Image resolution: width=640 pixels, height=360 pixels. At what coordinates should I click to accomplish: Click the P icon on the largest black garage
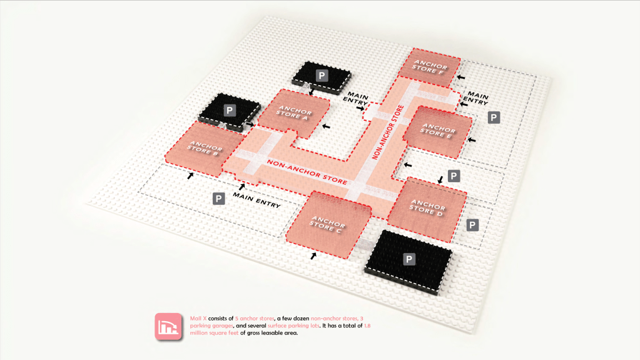[x=410, y=259]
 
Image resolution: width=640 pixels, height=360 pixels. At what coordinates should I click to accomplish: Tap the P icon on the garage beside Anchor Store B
[x=230, y=111]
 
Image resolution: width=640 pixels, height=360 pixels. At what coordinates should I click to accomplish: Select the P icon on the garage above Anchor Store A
[x=322, y=76]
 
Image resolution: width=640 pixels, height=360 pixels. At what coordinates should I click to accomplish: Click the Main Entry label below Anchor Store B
[x=257, y=200]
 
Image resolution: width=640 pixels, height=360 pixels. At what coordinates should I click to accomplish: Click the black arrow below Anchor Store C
[x=313, y=256]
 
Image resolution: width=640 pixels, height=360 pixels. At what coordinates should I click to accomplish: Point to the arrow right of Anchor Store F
[x=461, y=76]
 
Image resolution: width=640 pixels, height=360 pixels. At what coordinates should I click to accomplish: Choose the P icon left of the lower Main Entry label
[x=219, y=199]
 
